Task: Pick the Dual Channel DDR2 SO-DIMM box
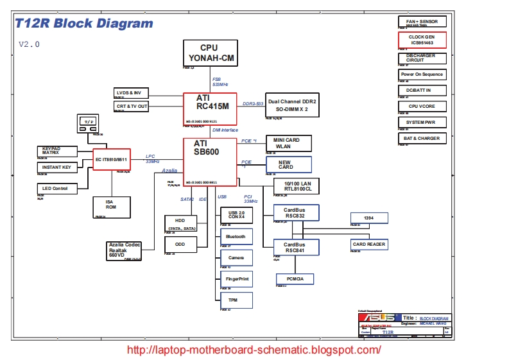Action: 292,106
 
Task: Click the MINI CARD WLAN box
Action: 289,143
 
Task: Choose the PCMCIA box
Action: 295,279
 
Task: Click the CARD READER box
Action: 368,244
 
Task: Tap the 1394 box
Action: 368,218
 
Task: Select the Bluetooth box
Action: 236,237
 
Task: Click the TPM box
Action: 236,300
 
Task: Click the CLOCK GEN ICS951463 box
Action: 422,40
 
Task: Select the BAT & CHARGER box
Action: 422,138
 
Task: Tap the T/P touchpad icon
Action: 89,122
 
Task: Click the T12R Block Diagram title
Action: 85,24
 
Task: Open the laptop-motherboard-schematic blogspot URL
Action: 255,350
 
